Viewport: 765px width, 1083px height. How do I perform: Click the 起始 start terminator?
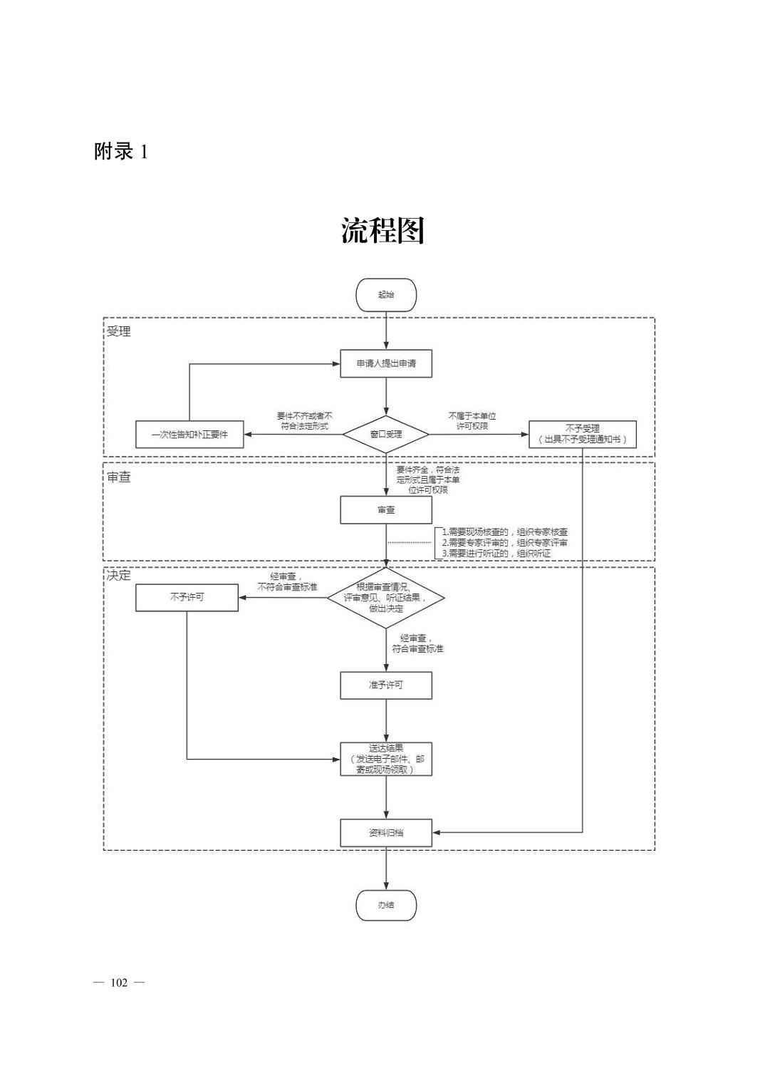click(x=385, y=294)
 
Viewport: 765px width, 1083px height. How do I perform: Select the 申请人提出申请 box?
click(x=385, y=363)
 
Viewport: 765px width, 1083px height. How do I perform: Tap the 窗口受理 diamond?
click(x=385, y=434)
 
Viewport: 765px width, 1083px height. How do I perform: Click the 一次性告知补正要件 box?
click(x=189, y=434)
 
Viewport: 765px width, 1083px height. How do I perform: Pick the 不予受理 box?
click(x=583, y=434)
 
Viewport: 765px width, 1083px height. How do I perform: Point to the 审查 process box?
click(x=385, y=509)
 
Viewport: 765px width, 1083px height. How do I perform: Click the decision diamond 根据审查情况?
click(x=385, y=598)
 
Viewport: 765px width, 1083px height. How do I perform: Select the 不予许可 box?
click(x=187, y=598)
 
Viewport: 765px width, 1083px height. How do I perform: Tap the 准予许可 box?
click(x=385, y=685)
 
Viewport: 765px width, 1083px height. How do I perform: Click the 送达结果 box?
click(x=385, y=759)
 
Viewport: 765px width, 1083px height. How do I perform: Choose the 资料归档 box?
click(x=385, y=832)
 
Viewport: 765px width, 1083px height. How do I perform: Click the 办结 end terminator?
click(x=385, y=905)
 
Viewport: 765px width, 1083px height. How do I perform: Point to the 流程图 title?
click(x=382, y=230)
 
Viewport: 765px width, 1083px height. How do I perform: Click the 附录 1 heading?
click(x=121, y=151)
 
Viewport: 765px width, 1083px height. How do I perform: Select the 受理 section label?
click(x=119, y=331)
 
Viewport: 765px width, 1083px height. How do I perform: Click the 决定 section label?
click(x=119, y=576)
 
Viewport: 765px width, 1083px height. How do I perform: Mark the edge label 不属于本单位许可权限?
click(x=472, y=420)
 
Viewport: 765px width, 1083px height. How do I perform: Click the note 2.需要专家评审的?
click(x=504, y=542)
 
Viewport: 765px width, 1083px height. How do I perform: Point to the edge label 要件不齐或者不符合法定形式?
click(x=304, y=420)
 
